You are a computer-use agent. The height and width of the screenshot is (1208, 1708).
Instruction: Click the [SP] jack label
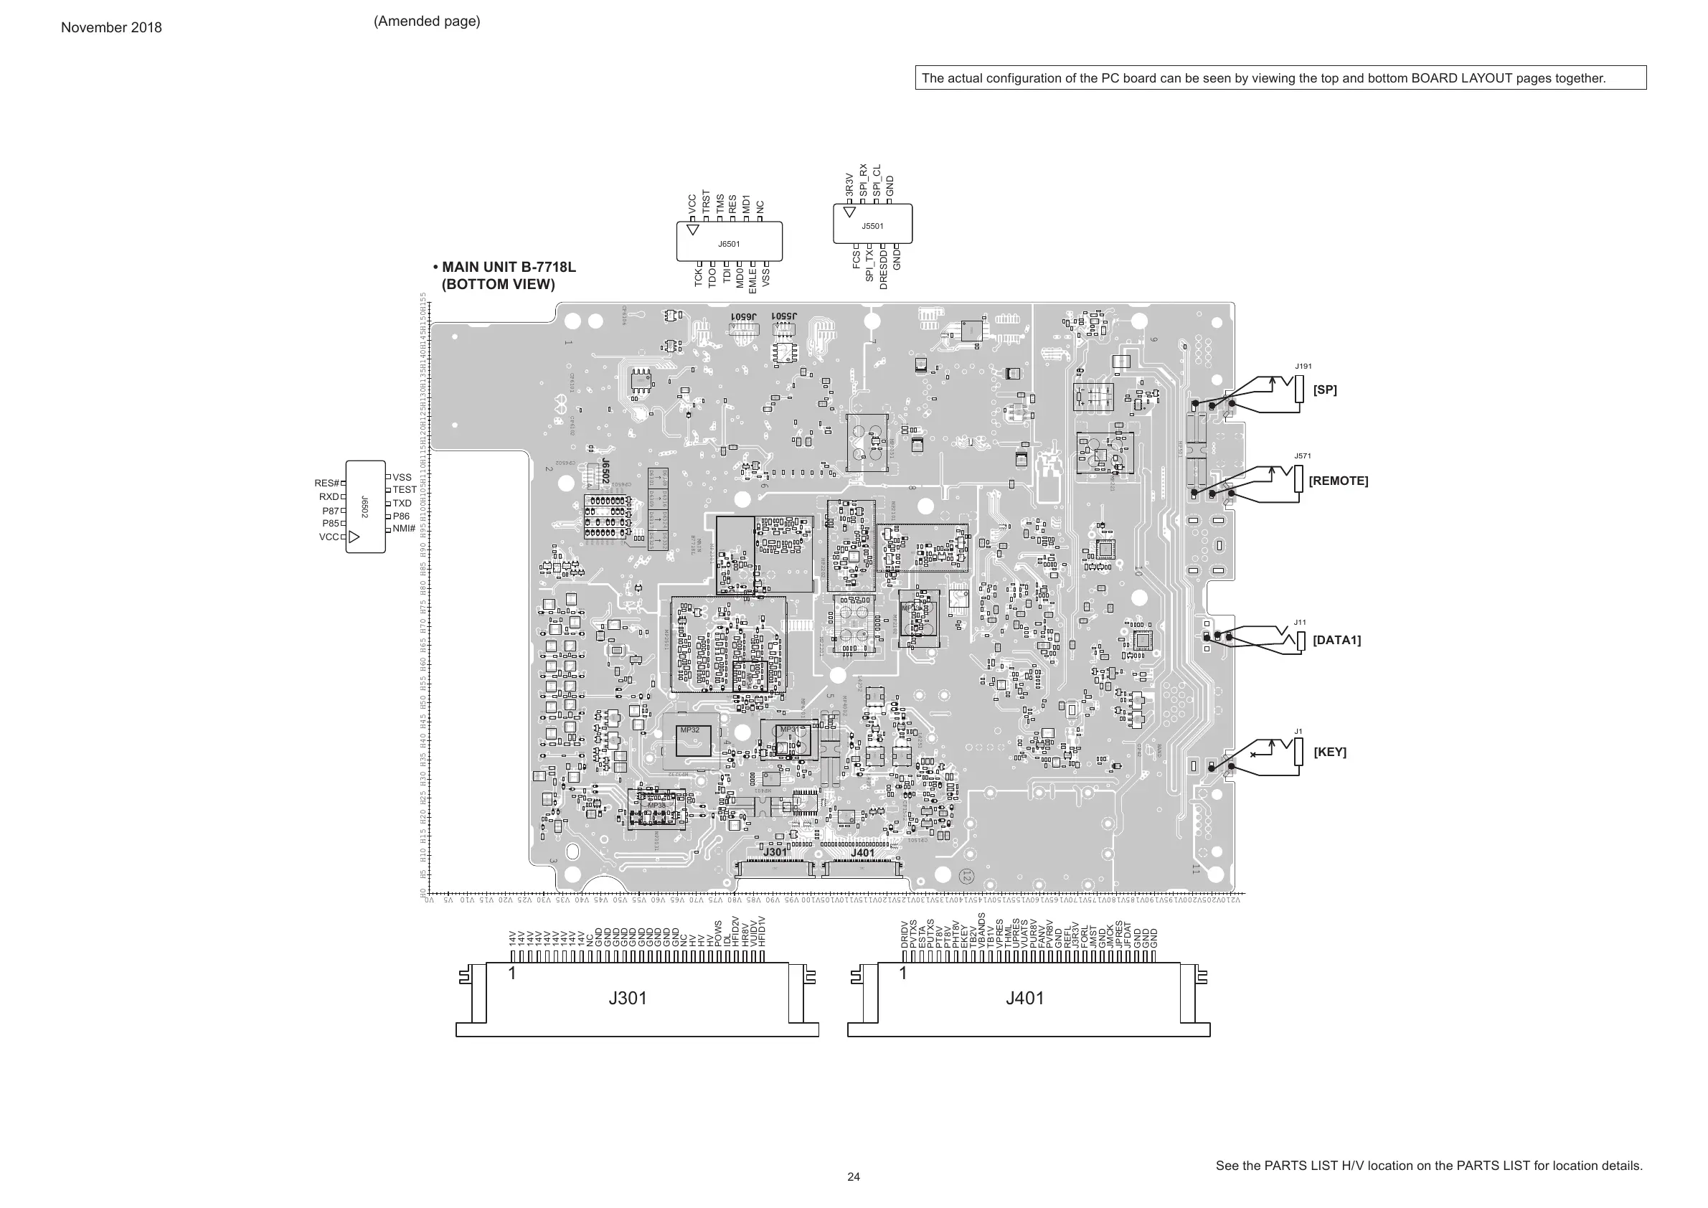pos(1325,390)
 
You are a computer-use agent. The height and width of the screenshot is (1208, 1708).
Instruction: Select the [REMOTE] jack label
pos(1339,481)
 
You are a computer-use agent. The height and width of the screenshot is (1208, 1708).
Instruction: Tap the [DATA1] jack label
pos(1337,640)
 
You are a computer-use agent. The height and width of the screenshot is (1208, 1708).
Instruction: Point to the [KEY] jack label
pos(1330,751)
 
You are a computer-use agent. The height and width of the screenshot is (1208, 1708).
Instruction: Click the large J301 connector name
pos(628,999)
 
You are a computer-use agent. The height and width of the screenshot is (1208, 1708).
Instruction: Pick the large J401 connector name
pos(1025,999)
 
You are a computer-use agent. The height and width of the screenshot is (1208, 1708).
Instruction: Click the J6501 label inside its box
pos(729,244)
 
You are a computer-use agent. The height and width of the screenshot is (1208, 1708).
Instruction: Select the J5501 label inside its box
pos(872,226)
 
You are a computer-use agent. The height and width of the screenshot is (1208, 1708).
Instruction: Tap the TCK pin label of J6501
pos(699,278)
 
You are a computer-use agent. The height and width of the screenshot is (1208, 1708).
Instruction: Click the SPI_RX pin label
pos(863,180)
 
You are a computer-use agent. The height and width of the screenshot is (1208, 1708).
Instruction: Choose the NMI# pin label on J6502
pos(404,528)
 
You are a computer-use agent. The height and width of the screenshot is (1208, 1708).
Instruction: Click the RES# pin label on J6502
pos(326,483)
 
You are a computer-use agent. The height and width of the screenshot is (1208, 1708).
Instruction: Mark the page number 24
pos(853,1176)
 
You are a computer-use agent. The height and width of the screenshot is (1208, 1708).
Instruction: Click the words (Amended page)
pos(427,21)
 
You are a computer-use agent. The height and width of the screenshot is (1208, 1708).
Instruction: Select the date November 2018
pos(111,27)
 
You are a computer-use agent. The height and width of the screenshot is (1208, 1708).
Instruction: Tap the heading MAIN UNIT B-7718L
pos(509,267)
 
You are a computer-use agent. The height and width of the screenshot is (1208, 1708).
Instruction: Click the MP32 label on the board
pos(689,730)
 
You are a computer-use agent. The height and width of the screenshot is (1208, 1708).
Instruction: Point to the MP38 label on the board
pos(657,806)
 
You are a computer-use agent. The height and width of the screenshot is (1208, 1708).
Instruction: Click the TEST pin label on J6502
pos(405,489)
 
